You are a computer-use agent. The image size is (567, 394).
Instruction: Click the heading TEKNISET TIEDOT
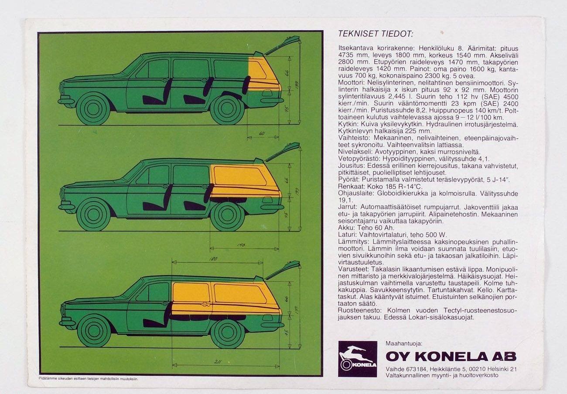(376, 34)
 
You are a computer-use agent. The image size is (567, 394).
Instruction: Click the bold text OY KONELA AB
(451, 357)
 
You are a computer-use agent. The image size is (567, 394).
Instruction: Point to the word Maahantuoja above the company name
(404, 344)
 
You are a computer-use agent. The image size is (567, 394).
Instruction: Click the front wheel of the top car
(93, 109)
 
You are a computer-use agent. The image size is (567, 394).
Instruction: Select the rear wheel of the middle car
(228, 214)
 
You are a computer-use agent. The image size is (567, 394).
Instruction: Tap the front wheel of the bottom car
(94, 331)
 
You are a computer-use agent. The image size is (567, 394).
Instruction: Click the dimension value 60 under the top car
(262, 133)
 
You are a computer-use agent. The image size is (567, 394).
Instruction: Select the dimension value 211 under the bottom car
(218, 362)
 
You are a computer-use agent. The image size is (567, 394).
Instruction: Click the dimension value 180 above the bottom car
(213, 259)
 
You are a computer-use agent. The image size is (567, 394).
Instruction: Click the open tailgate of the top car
(281, 46)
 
